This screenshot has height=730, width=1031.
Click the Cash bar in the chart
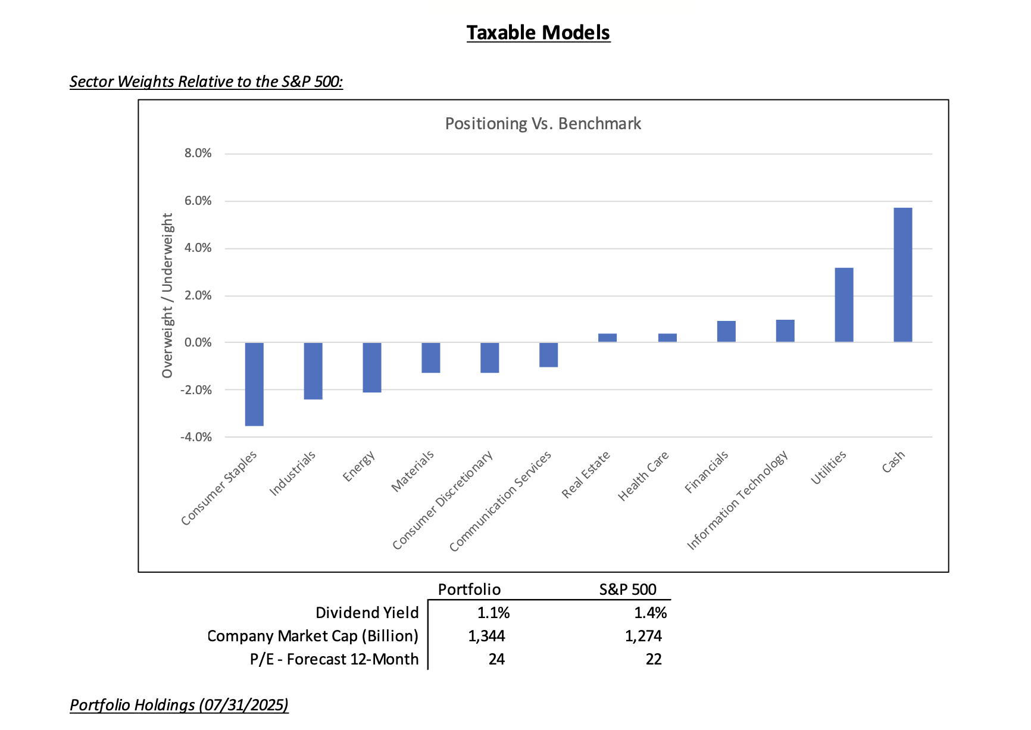click(x=902, y=274)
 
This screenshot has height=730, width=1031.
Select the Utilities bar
click(x=843, y=305)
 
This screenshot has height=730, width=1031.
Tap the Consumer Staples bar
click(x=254, y=384)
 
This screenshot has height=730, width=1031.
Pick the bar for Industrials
click(x=313, y=371)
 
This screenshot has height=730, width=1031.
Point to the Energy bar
click(x=372, y=367)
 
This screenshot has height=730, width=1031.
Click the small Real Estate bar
click(x=607, y=338)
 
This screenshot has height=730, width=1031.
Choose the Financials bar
click(x=726, y=332)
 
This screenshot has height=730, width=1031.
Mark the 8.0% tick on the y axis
click(x=198, y=154)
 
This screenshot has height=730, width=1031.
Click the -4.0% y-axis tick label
click(x=196, y=437)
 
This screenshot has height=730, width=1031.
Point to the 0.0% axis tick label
click(x=198, y=342)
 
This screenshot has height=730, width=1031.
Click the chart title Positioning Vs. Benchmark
click(x=543, y=124)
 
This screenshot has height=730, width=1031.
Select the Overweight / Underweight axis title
click(x=167, y=295)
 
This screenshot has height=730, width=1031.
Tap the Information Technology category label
click(x=738, y=500)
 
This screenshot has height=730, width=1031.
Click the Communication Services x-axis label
click(x=501, y=501)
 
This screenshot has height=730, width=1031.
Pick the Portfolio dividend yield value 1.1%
click(x=493, y=613)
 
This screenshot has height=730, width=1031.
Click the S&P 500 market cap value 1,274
click(x=643, y=636)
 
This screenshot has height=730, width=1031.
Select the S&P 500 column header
click(x=627, y=589)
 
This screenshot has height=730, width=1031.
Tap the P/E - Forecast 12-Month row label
click(x=334, y=659)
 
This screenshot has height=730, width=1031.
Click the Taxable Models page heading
click(x=538, y=33)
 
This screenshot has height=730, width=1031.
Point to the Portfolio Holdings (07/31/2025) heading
click(x=179, y=705)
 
